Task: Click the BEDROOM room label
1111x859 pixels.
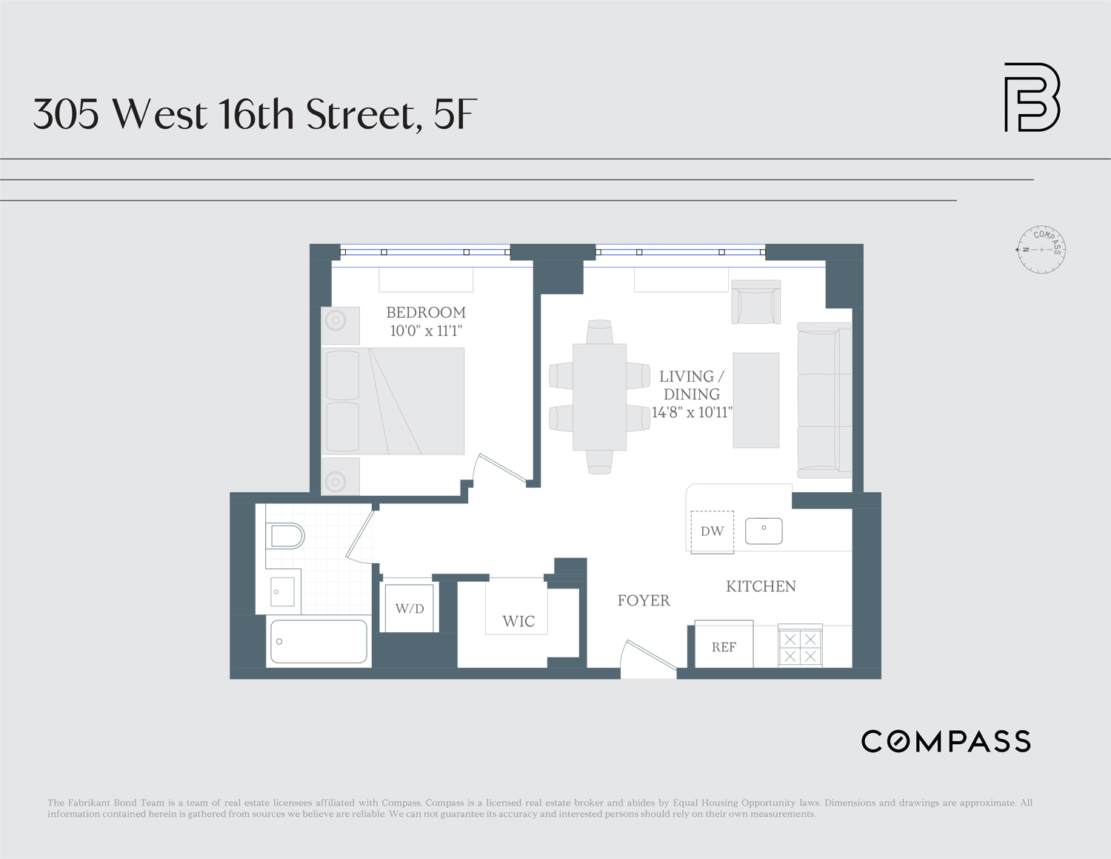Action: (x=426, y=313)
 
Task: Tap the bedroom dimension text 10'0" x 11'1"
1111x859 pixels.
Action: (x=426, y=331)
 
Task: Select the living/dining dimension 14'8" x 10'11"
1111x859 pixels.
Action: (x=692, y=413)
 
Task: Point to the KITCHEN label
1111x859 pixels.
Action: (x=761, y=586)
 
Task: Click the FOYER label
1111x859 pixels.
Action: (x=644, y=600)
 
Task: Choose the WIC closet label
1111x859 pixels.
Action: (x=518, y=621)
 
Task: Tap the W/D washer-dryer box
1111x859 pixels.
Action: (x=410, y=608)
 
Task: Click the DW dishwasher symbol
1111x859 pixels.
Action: (x=712, y=531)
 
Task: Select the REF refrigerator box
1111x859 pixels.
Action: (x=724, y=646)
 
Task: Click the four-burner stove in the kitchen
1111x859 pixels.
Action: (x=800, y=647)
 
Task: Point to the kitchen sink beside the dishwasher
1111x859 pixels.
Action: (x=764, y=531)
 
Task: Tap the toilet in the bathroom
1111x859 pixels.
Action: (x=286, y=535)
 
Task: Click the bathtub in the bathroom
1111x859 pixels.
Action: (x=319, y=641)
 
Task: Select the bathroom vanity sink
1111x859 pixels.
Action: (x=282, y=591)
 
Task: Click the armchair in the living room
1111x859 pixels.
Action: (x=755, y=302)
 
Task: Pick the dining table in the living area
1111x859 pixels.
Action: (x=599, y=397)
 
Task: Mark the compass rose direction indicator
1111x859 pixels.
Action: (x=1041, y=250)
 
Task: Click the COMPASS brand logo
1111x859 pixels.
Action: (x=946, y=741)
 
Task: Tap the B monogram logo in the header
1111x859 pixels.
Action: (x=1032, y=97)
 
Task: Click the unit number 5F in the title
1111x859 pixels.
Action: (x=455, y=115)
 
